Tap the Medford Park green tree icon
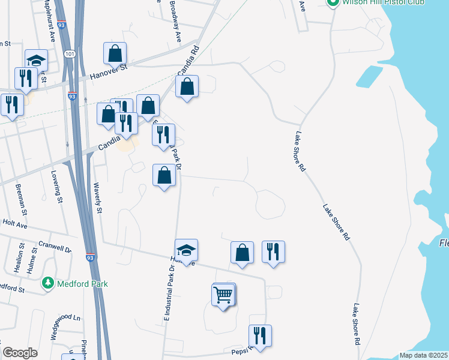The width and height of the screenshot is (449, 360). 48,282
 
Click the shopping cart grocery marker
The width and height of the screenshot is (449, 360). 223,295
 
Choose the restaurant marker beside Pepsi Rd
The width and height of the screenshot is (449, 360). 260,336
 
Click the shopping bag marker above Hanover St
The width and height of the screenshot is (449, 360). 115,53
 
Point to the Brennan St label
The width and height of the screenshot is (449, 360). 21,200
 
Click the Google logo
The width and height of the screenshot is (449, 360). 20,353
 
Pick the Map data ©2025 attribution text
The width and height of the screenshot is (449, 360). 423,355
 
